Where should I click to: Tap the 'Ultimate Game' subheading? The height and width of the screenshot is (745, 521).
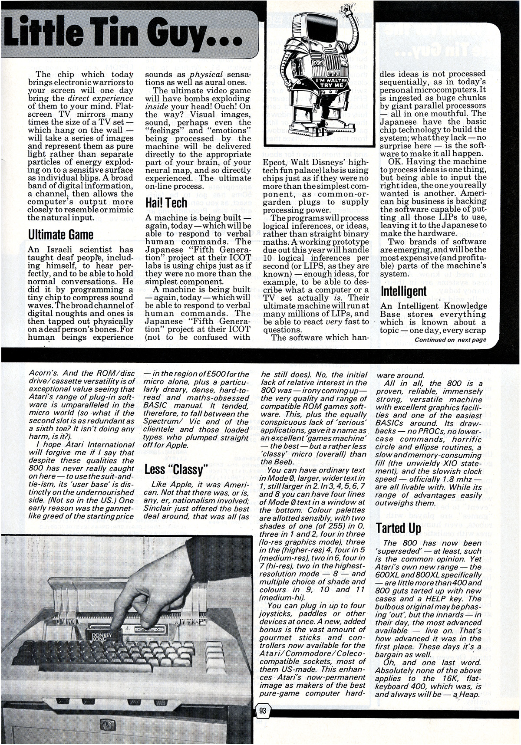(60, 235)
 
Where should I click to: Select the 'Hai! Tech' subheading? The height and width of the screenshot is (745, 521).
(166, 203)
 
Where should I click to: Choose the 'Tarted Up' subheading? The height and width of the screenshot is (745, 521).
(399, 528)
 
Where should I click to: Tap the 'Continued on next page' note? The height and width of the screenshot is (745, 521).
(450, 340)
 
